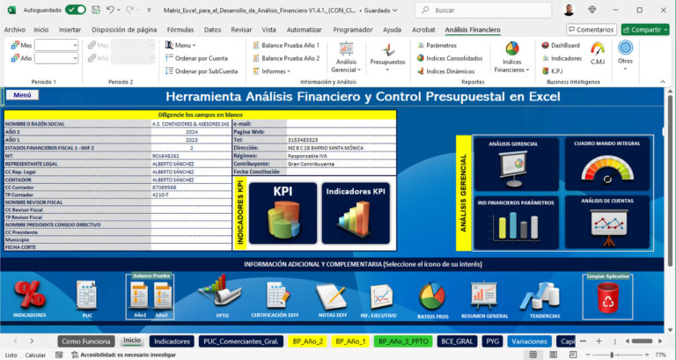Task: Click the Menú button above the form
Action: [x=22, y=95]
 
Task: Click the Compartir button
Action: [x=644, y=29]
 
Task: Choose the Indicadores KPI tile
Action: [x=355, y=208]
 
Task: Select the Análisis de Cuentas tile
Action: [x=608, y=220]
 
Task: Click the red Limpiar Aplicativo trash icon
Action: [x=608, y=298]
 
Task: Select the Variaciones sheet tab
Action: [x=528, y=341]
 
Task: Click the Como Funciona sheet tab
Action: [x=86, y=341]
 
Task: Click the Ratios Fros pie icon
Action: [x=432, y=298]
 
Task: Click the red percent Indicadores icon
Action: [x=30, y=295]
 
